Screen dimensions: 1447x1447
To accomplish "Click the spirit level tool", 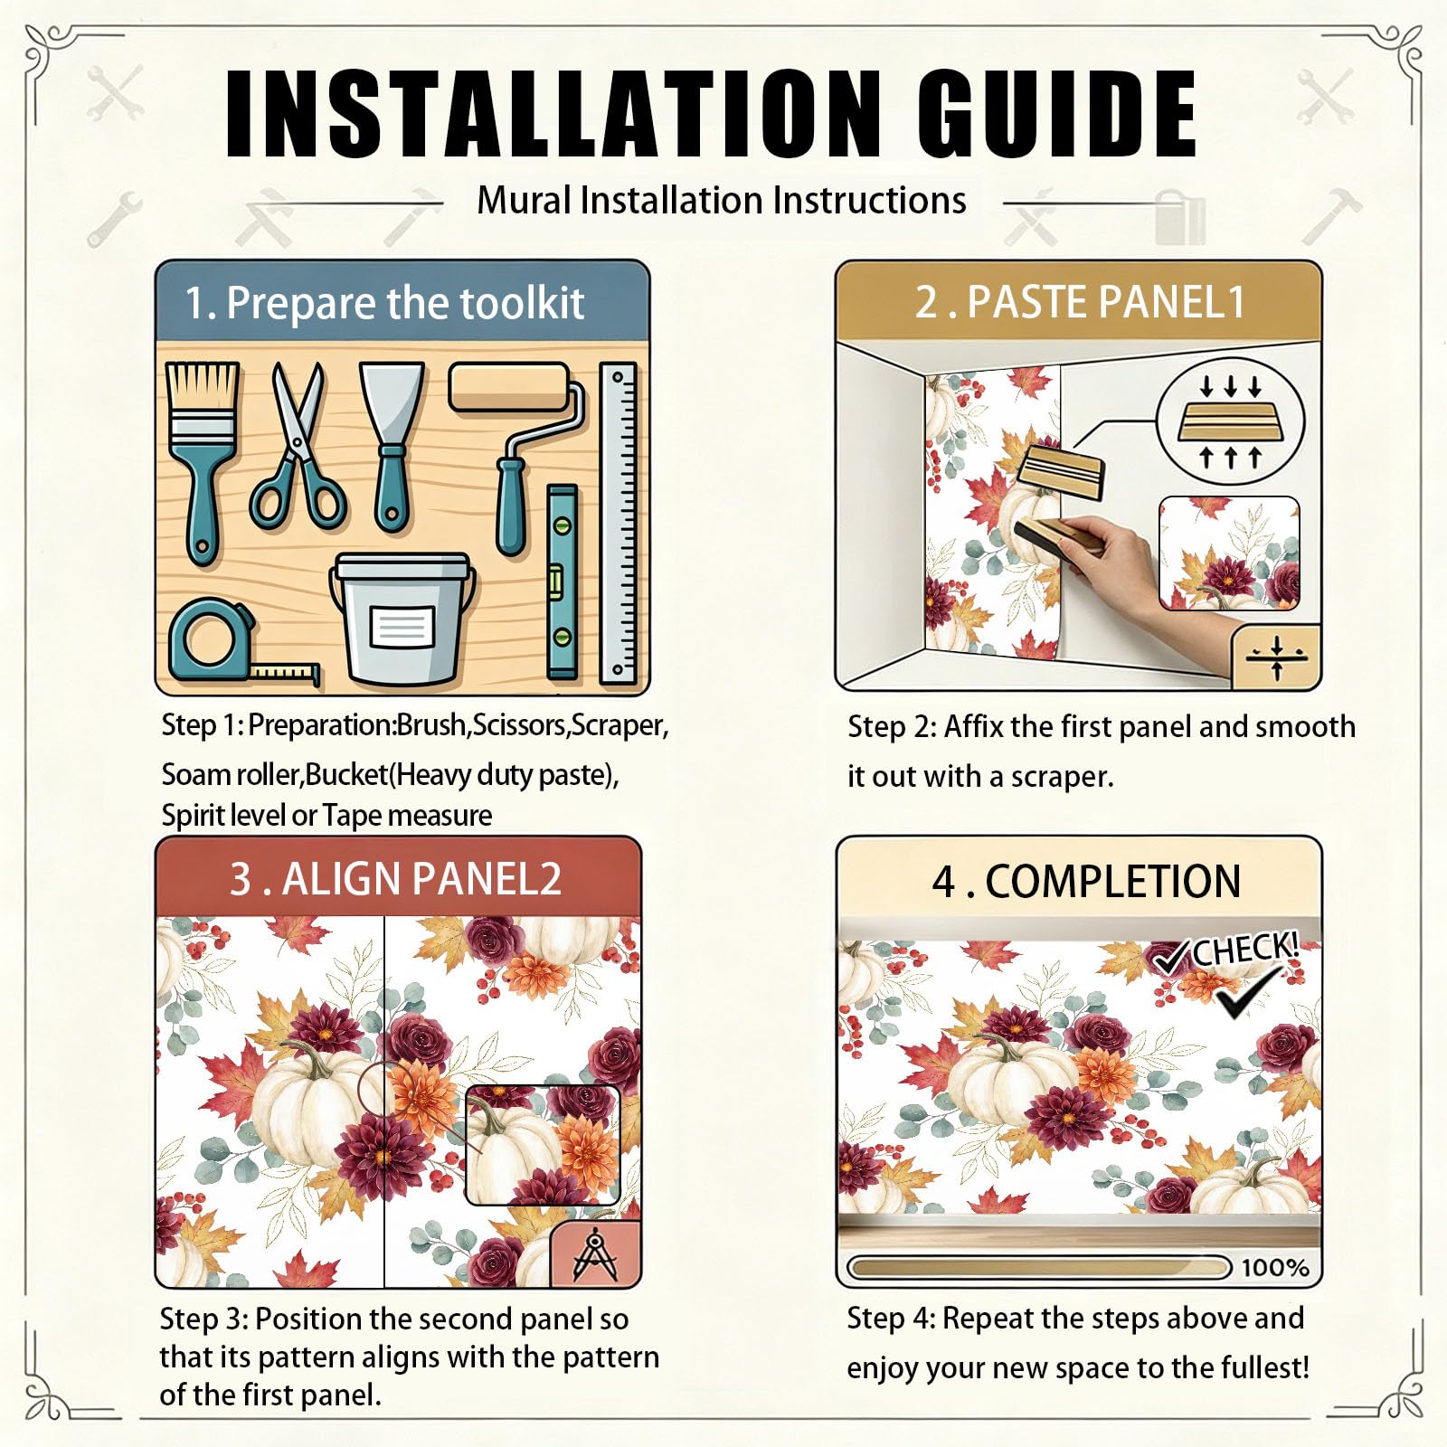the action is [x=562, y=582].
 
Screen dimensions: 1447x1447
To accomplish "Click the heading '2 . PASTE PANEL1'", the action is [x=1080, y=302].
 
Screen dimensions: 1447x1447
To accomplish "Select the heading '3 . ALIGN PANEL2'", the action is [x=395, y=879].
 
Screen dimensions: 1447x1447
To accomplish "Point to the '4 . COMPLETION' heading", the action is [x=1086, y=881].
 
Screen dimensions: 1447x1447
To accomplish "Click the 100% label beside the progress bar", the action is [x=1274, y=1267].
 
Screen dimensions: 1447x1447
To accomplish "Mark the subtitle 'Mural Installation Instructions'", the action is [x=721, y=200].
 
